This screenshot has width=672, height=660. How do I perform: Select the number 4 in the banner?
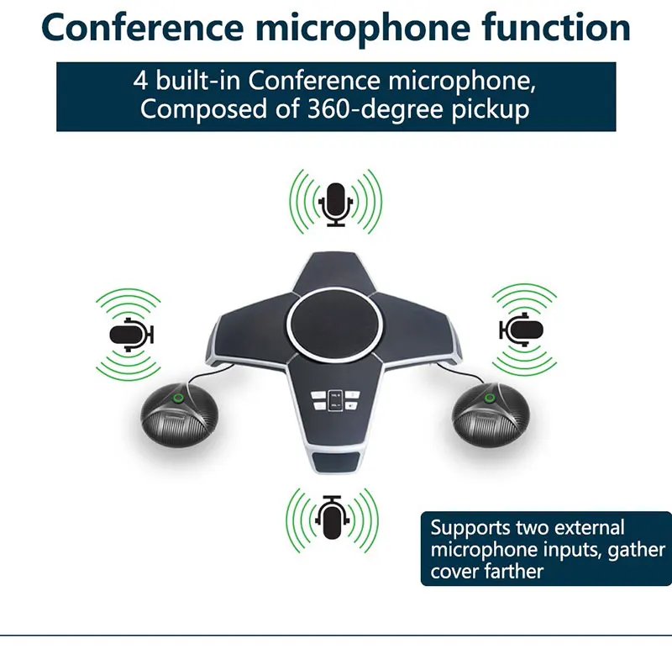tap(141, 82)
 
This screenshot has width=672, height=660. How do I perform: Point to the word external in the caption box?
tap(593, 529)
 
